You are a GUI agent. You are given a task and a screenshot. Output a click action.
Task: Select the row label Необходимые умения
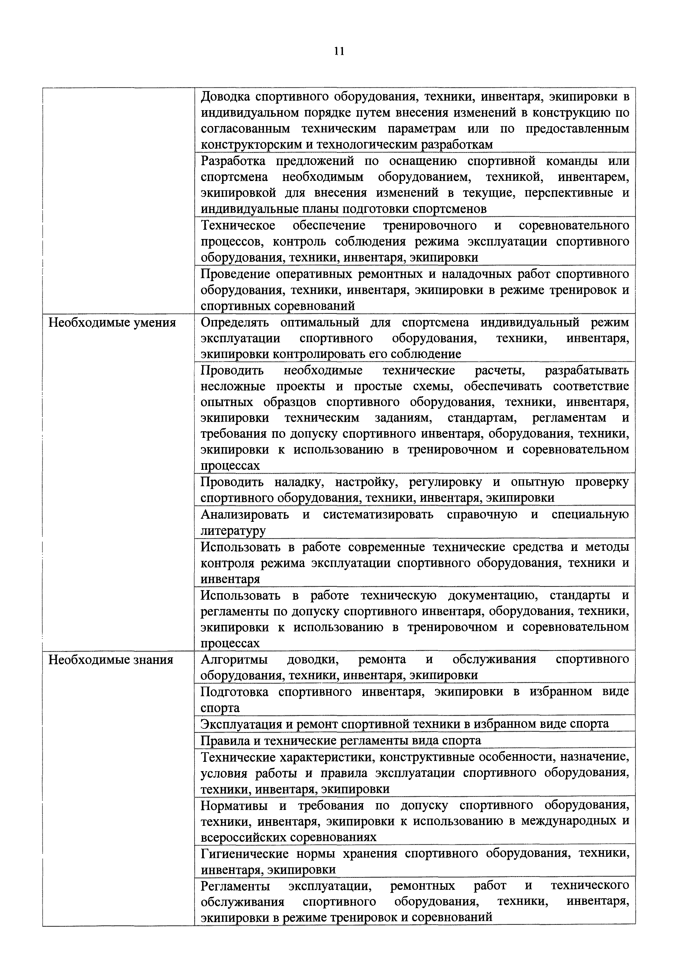[x=112, y=323]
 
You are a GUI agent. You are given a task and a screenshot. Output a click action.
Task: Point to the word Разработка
[x=233, y=161]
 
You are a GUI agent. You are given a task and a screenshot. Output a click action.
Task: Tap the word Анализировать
[x=245, y=515]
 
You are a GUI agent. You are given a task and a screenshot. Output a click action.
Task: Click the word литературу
[x=233, y=531]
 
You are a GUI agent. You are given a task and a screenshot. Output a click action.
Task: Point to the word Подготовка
[x=234, y=692]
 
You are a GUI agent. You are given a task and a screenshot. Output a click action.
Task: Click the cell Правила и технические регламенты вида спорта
[x=341, y=741]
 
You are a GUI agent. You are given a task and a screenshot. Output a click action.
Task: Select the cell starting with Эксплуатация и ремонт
[x=405, y=724]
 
